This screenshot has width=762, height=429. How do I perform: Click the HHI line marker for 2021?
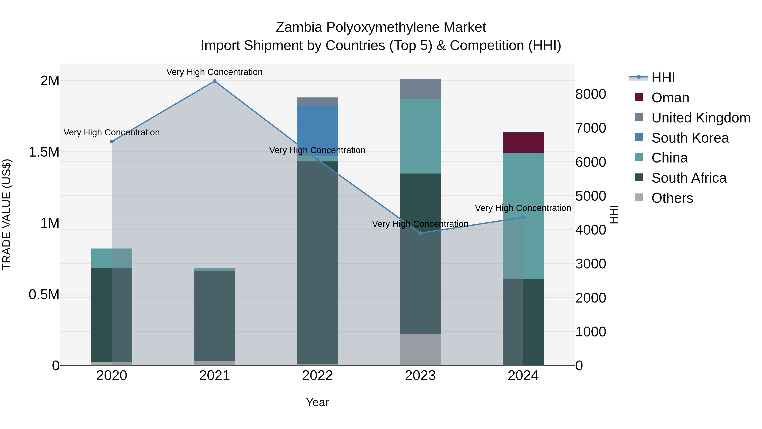click(x=214, y=81)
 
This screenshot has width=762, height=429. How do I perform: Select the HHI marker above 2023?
click(x=420, y=233)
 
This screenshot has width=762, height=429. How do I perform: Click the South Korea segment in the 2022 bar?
click(x=317, y=130)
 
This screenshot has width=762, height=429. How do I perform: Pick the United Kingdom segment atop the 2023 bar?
click(x=420, y=89)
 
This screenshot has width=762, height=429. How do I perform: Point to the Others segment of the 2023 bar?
click(x=420, y=349)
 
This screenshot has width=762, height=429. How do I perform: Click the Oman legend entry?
click(x=670, y=98)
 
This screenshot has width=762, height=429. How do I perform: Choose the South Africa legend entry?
click(x=689, y=178)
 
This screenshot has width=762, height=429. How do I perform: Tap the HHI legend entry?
click(x=663, y=78)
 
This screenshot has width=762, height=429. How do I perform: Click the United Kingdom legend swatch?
click(x=639, y=117)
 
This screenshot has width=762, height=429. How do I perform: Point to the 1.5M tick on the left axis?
click(x=44, y=152)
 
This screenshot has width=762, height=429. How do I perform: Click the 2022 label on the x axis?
click(x=317, y=376)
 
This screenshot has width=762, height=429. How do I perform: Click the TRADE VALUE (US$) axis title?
click(x=7, y=214)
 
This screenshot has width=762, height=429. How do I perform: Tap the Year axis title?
click(x=317, y=402)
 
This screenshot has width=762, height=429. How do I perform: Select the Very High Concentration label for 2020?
click(x=112, y=132)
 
